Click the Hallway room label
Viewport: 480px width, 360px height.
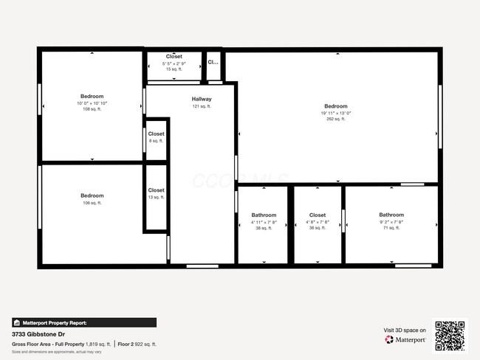click(x=202, y=99)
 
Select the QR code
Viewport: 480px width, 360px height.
click(x=450, y=334)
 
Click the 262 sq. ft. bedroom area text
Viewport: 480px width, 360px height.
click(x=335, y=120)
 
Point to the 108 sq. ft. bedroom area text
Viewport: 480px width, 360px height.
click(x=92, y=109)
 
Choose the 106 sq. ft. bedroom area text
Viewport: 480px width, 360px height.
click(x=92, y=202)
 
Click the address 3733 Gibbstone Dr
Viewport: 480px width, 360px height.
click(x=38, y=334)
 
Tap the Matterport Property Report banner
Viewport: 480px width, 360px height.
click(x=83, y=322)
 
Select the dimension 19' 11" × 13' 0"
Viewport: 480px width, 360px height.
click(x=335, y=114)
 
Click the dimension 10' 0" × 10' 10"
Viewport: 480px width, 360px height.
click(x=92, y=103)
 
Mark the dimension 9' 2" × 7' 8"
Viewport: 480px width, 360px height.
click(x=391, y=222)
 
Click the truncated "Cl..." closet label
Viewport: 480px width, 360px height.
click(x=213, y=63)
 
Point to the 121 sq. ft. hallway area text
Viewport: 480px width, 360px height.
click(x=202, y=106)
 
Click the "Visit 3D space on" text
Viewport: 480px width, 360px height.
click(x=405, y=330)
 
